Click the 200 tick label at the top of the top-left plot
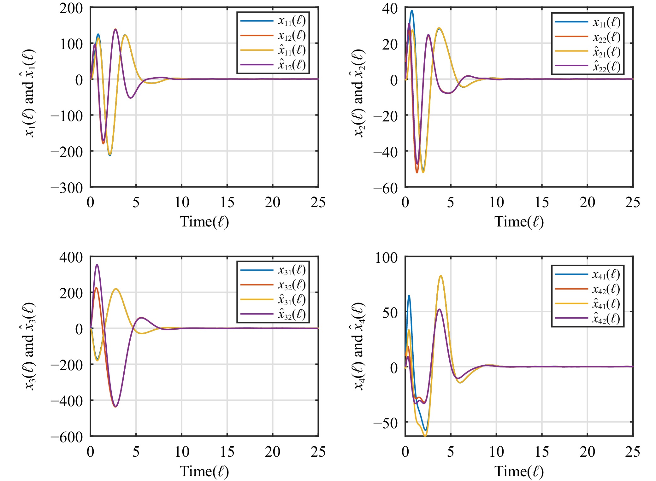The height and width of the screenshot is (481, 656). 71,9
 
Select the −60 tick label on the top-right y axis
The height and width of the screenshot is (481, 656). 386,189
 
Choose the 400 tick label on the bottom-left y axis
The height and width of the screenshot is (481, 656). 71,258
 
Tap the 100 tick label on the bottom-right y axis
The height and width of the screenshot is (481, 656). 386,258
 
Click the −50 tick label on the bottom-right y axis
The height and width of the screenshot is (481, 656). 386,423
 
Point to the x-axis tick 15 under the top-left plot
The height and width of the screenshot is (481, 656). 227,202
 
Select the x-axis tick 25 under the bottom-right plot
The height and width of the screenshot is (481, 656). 632,452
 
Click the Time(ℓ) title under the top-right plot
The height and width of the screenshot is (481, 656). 519,222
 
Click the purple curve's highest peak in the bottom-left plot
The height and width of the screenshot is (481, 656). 97,265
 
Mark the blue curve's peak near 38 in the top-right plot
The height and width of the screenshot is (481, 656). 412,11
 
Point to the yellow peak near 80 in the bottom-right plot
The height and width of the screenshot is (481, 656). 441,276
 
